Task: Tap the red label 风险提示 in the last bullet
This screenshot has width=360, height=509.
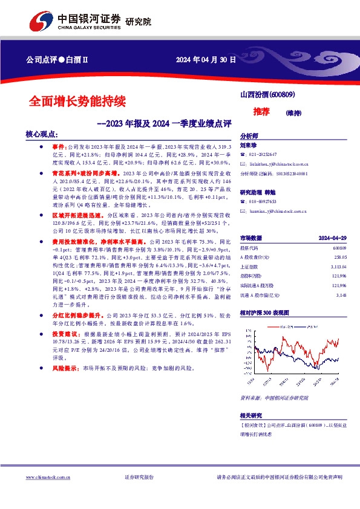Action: pyautogui.click(x=64, y=368)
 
